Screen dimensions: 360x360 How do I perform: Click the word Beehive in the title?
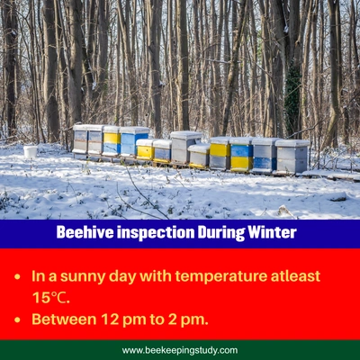click(x=83, y=233)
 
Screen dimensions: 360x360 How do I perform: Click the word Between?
click(x=60, y=319)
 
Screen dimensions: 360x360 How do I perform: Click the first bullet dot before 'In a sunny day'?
click(x=18, y=275)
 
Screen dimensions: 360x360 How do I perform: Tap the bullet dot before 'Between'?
click(x=18, y=319)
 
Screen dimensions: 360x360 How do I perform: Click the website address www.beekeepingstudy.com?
click(x=180, y=350)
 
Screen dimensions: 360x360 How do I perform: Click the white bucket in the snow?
click(x=31, y=151)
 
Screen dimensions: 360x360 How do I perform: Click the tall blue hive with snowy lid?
click(x=134, y=141)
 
